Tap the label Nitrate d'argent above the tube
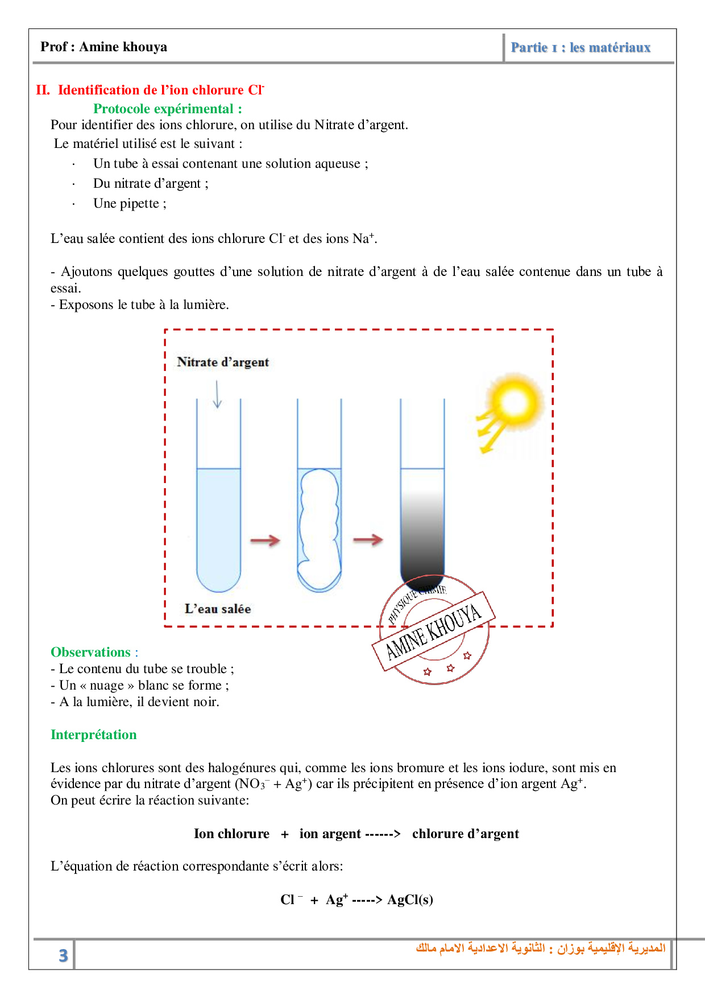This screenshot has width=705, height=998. [223, 362]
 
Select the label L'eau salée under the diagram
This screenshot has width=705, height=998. [218, 609]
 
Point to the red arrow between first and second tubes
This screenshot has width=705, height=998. [266, 540]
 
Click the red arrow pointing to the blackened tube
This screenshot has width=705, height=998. [368, 539]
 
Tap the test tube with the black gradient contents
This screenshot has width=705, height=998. [422, 523]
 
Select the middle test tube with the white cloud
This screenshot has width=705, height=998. [320, 523]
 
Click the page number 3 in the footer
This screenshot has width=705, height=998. [63, 955]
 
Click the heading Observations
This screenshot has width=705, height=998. [91, 652]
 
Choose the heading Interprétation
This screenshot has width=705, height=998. [94, 735]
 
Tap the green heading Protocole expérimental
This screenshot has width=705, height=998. [168, 109]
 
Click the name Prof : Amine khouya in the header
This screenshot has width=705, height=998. [104, 47]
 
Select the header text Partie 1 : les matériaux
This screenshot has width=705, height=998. [580, 47]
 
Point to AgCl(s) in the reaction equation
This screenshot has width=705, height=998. [410, 900]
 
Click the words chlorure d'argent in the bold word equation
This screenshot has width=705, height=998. [465, 834]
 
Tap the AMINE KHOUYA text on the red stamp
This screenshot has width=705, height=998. [433, 632]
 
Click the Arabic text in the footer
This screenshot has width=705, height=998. [540, 948]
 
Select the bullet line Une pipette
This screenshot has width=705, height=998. [130, 204]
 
